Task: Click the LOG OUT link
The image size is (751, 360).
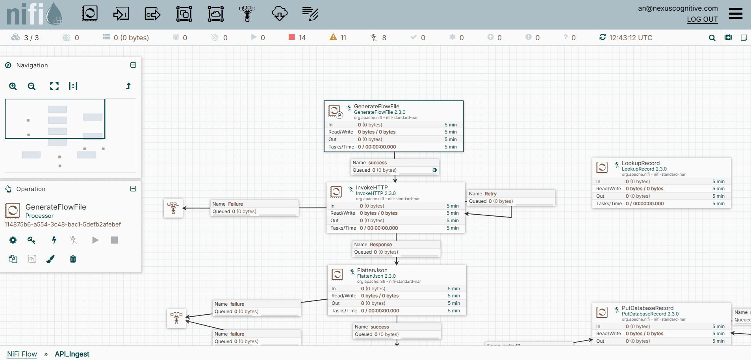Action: [x=702, y=19]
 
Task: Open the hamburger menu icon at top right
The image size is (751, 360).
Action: [x=735, y=14]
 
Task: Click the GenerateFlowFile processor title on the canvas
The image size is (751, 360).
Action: [x=376, y=106]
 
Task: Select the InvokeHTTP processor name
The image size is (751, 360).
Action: [x=371, y=187]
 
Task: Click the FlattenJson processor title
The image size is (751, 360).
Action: [x=372, y=270]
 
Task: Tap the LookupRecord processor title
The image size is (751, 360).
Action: [x=640, y=163]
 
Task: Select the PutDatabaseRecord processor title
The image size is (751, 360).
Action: [x=647, y=308]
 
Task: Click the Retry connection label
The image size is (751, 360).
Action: [x=490, y=194]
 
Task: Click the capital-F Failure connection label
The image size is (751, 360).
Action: [x=235, y=204]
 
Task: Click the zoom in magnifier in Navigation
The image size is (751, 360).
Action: [x=13, y=86]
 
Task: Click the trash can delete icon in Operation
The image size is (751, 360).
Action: [x=73, y=259]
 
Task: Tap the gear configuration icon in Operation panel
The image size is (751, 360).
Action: [x=13, y=240]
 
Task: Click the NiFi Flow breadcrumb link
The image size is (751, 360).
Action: [x=22, y=354]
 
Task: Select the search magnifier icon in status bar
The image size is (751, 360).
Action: [x=712, y=38]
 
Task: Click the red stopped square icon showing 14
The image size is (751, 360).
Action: [x=292, y=37]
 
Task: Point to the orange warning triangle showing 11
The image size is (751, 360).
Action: [x=333, y=37]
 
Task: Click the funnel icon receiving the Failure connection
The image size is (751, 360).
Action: [x=173, y=208]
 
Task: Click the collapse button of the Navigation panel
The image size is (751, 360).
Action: [x=133, y=65]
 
